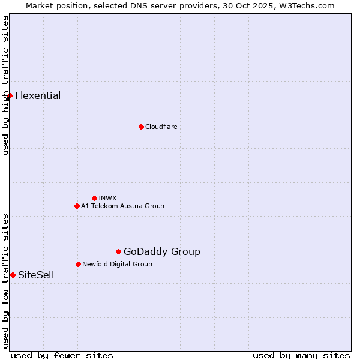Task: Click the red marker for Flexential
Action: pos(10,95)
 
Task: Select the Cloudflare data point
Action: pos(141,127)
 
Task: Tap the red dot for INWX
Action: pos(94,198)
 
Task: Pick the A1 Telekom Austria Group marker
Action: pos(77,206)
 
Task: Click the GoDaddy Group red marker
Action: pos(118,251)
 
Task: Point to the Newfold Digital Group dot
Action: pos(78,264)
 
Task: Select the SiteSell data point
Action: pos(13,275)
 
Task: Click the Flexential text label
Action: pos(38,95)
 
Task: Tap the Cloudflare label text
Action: pos(161,127)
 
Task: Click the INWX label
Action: pos(107,198)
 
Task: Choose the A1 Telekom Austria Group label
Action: pos(122,206)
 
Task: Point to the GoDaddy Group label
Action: pos(162,251)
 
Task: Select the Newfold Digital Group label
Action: pos(117,264)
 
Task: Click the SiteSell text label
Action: pos(36,275)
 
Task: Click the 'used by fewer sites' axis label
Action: pos(62,355)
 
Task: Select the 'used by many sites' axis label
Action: pos(301,355)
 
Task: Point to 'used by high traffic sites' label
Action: pos(5,85)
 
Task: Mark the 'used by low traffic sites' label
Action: pos(5,280)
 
